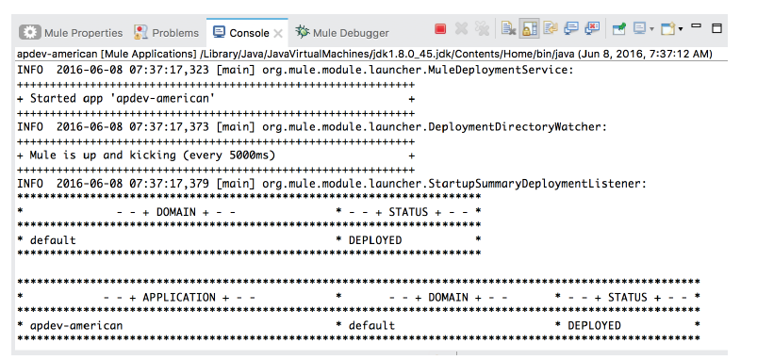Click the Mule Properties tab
tap(71, 33)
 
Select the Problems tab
tap(166, 33)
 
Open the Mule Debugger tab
tap(342, 33)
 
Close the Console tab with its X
tap(278, 33)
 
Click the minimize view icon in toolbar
tap(696, 25)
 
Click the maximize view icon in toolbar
tap(716, 28)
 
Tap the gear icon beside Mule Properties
tap(29, 33)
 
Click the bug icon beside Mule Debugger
tap(303, 32)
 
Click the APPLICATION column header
tap(178, 298)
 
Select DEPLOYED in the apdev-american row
tap(594, 326)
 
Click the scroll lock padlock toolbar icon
tap(529, 29)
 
